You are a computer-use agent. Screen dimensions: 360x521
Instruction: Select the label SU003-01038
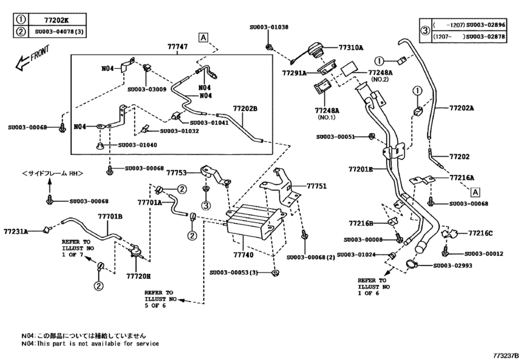point(269,28)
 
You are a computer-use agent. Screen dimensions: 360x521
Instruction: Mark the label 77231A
point(15,230)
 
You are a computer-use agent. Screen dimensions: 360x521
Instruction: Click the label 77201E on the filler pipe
point(360,169)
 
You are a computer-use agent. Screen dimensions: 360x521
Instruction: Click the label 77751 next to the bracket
point(316,186)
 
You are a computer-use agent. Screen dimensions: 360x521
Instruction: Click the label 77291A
point(294,73)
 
